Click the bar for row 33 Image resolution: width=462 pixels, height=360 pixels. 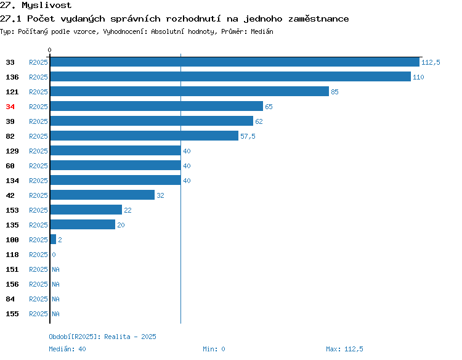(x=235, y=62)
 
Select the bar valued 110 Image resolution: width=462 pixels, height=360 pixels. (x=230, y=76)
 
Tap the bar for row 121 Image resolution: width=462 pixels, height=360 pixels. (x=190, y=91)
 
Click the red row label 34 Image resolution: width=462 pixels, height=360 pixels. (x=10, y=107)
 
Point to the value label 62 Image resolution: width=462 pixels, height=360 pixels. (x=259, y=121)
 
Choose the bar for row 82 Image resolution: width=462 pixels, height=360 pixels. (x=144, y=136)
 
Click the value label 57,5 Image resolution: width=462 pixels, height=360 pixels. (x=248, y=136)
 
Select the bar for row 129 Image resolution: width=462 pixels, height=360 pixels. (x=116, y=150)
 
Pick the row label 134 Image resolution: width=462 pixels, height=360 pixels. (x=12, y=181)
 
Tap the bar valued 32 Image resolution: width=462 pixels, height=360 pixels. (x=102, y=195)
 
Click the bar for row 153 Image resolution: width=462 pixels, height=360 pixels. (x=86, y=210)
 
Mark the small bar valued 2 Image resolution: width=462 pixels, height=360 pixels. (x=53, y=239)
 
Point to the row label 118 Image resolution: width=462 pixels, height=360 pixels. (x=12, y=255)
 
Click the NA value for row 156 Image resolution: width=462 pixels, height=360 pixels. (x=55, y=284)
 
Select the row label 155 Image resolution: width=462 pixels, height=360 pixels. (x=12, y=314)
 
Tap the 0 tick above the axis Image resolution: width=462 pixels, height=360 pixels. (x=49, y=50)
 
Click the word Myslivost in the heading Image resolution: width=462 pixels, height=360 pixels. (x=47, y=6)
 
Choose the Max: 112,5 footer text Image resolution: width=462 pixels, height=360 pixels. (x=344, y=349)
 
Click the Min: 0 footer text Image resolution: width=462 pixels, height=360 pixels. (x=214, y=349)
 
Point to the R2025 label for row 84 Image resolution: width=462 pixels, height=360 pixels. (x=38, y=299)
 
